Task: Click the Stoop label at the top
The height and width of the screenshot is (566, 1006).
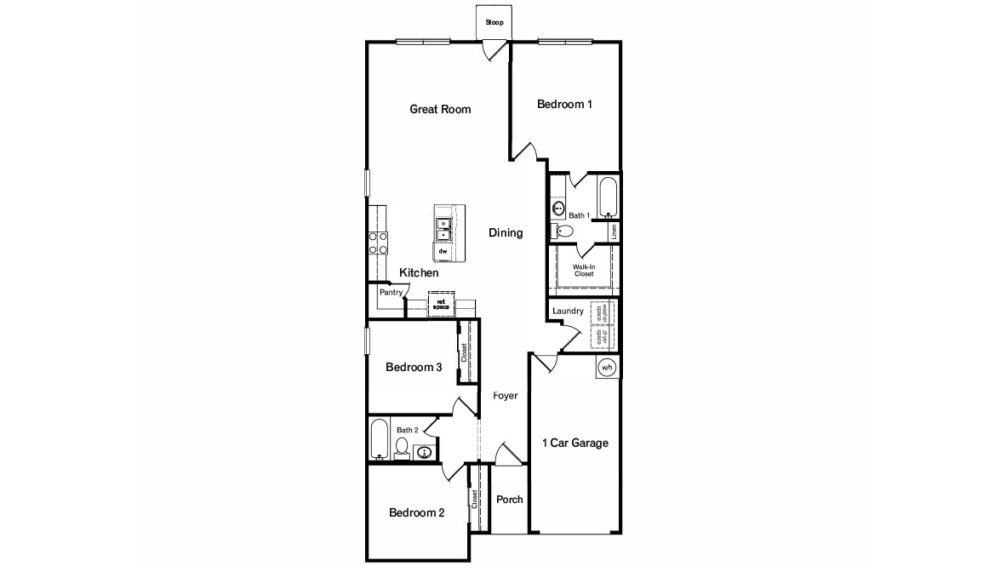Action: click(x=494, y=22)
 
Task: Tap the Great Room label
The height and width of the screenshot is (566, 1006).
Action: click(x=440, y=109)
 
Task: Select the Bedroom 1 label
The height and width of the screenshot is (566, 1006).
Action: click(x=564, y=104)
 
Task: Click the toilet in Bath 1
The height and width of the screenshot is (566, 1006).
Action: click(x=564, y=230)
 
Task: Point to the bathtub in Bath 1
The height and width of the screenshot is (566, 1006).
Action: click(x=608, y=197)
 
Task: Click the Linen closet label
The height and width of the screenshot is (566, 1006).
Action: click(x=614, y=231)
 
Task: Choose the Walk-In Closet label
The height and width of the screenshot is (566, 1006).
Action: click(x=583, y=271)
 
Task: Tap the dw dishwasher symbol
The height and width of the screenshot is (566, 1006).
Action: click(x=443, y=252)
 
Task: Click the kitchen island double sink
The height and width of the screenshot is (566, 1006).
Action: click(x=444, y=228)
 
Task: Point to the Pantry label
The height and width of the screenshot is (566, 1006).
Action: click(x=391, y=292)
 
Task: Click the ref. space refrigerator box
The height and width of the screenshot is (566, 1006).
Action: click(x=441, y=303)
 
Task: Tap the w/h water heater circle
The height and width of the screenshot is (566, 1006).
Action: click(x=607, y=368)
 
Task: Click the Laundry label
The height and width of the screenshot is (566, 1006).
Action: click(x=568, y=312)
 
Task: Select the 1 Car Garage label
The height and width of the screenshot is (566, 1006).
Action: click(x=575, y=443)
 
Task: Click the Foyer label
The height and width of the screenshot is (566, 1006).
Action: click(x=505, y=396)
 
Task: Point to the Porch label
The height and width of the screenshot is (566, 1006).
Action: click(x=509, y=500)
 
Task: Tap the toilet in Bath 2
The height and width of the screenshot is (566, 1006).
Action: click(x=402, y=446)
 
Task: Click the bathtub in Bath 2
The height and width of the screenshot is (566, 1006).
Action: click(x=380, y=441)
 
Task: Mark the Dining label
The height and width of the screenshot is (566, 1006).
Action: click(x=506, y=233)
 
